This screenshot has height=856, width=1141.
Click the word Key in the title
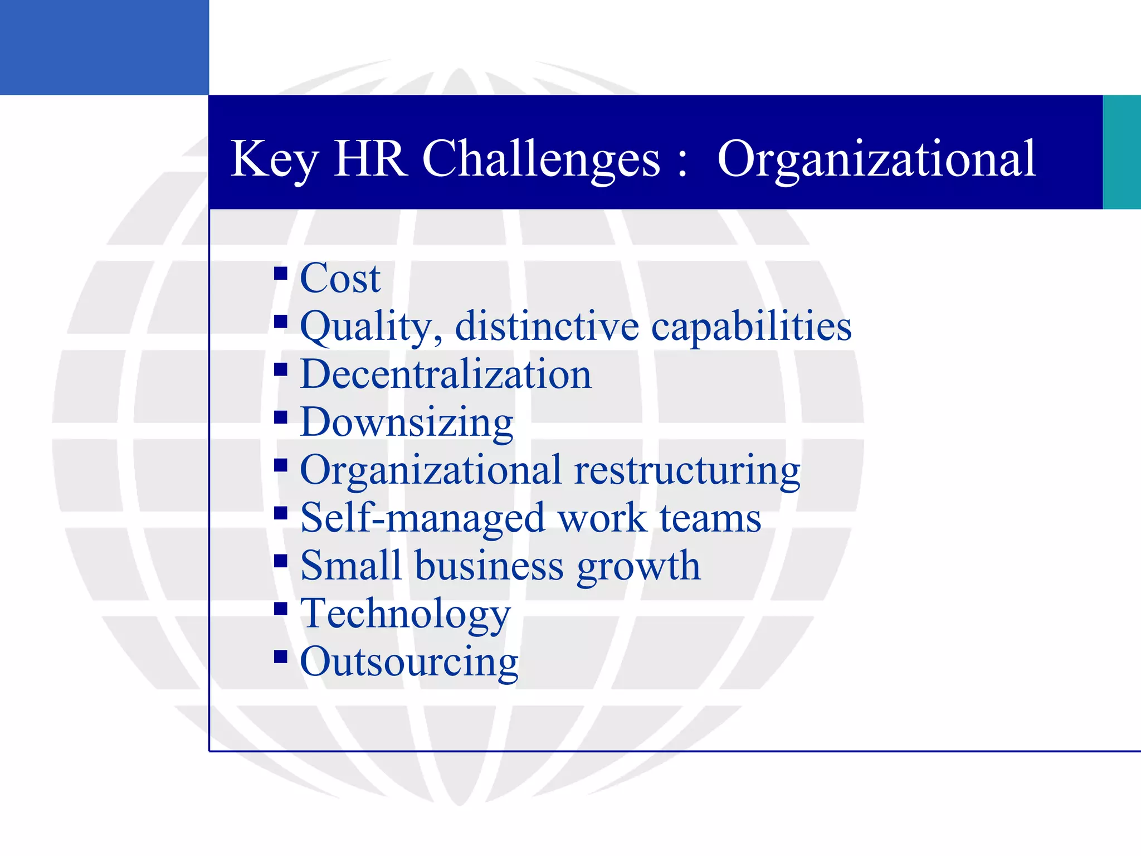tap(274, 159)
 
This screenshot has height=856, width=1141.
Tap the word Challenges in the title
tap(541, 159)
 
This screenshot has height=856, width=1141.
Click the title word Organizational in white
tap(876, 159)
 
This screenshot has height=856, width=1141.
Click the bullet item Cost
tap(340, 278)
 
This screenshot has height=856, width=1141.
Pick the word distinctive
tap(547, 326)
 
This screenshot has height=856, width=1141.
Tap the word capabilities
tap(751, 327)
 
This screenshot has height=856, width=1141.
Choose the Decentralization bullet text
tap(446, 374)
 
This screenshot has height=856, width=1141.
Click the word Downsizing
tap(407, 423)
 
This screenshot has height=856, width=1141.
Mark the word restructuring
tap(687, 471)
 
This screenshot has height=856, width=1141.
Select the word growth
tap(638, 567)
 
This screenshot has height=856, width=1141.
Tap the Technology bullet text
tap(406, 615)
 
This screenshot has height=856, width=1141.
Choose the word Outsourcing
tap(409, 663)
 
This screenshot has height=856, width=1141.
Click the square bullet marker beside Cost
tap(281, 273)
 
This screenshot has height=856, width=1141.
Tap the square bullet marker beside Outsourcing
tap(281, 657)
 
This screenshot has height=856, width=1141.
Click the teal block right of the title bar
tap(1122, 152)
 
